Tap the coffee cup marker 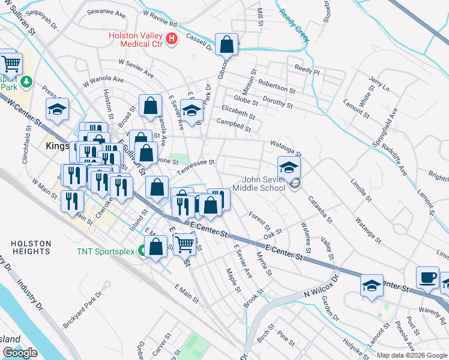click(428, 277)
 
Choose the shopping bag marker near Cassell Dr click(226, 44)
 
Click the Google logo click(20, 353)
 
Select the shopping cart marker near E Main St click(185, 244)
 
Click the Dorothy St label click(278, 102)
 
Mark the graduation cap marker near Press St click(57, 109)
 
